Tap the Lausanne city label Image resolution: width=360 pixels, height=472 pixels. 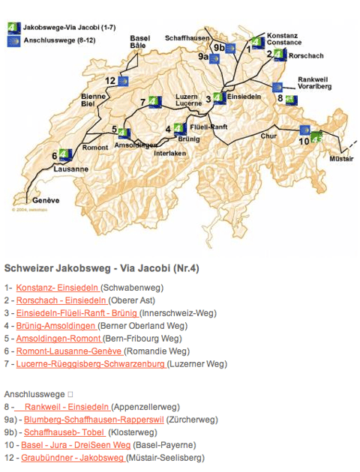[x=71, y=169]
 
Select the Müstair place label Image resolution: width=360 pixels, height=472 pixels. [x=343, y=159]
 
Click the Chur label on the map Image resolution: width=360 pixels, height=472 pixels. [x=269, y=136]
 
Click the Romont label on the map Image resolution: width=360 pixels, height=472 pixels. [x=95, y=147]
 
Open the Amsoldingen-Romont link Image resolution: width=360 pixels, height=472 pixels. [x=57, y=338]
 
